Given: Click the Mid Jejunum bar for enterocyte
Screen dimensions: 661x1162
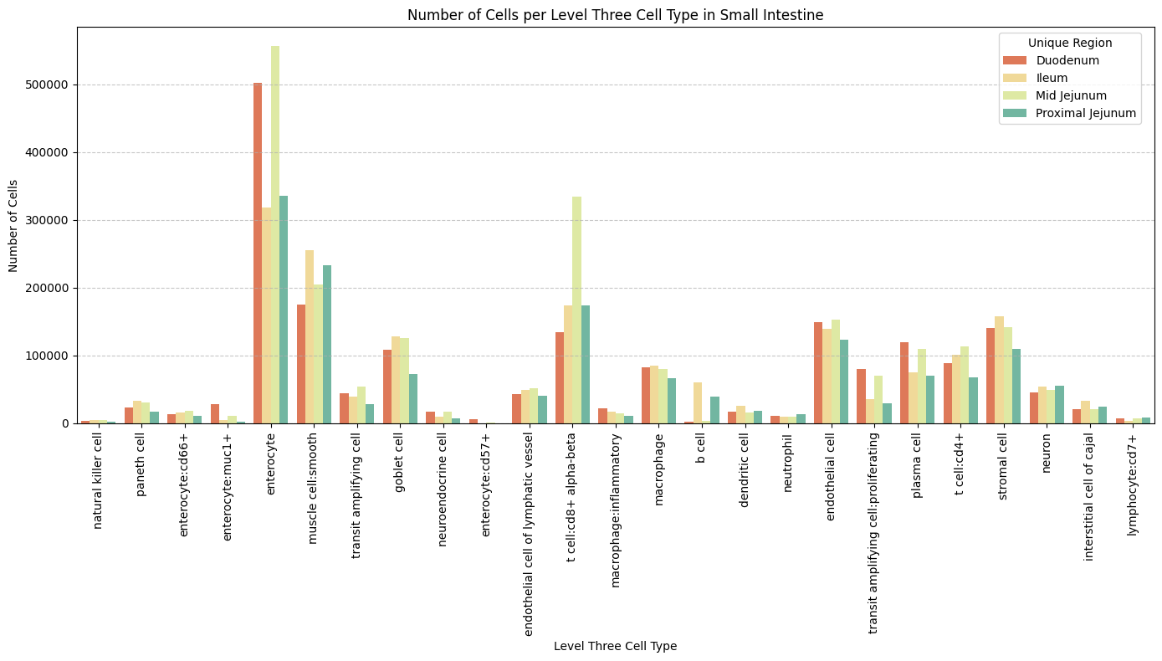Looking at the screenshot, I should (275, 234).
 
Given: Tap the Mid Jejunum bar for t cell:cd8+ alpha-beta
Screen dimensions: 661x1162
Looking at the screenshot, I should (576, 310).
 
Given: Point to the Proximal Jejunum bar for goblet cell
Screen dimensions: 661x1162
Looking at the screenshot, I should (413, 398).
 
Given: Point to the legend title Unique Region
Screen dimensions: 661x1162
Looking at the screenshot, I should (1070, 42).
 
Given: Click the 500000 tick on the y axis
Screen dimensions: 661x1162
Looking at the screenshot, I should (49, 85).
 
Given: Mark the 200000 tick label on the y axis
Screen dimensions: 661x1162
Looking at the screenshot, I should (49, 288).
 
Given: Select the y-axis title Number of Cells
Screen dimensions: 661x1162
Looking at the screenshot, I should (13, 225).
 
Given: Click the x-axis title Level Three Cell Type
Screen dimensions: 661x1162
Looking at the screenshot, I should (615, 646).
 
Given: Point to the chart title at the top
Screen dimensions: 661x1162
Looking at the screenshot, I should (615, 14).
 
